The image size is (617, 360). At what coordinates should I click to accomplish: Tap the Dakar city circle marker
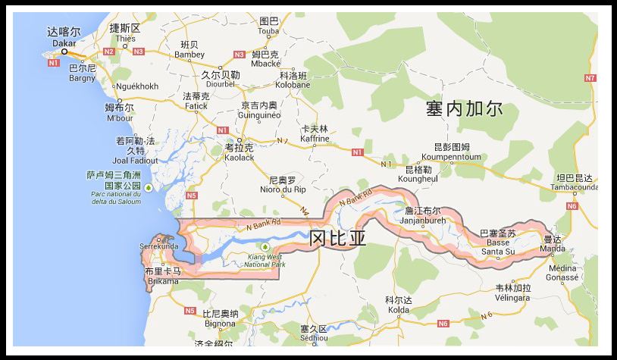tap(64, 52)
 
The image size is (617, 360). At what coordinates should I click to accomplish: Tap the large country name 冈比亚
tap(338, 239)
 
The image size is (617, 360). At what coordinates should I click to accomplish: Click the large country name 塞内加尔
tap(465, 109)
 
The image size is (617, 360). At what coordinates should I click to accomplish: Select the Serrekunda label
tap(159, 246)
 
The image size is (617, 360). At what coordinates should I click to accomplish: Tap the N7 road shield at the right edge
tap(590, 78)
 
